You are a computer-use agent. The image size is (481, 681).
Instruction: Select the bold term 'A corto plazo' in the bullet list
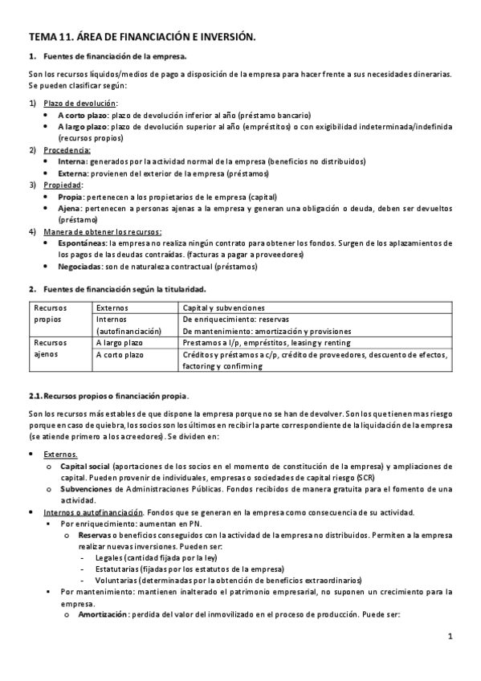click(x=82, y=115)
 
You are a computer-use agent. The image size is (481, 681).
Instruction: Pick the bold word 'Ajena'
click(x=69, y=208)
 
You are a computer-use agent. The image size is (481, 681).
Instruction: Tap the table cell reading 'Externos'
click(x=112, y=308)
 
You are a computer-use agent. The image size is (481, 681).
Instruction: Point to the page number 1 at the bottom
click(x=450, y=638)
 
